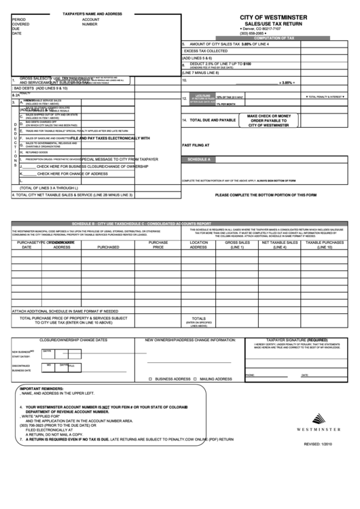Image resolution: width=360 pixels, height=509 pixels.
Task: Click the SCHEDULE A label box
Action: (x=200, y=159)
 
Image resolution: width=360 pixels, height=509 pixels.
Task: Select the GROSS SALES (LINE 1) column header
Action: (x=237, y=245)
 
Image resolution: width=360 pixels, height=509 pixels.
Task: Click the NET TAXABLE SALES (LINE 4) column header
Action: (x=279, y=245)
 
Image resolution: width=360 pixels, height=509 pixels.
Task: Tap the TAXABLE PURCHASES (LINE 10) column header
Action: (x=323, y=245)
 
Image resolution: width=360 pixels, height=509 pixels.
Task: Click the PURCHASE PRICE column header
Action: (x=158, y=245)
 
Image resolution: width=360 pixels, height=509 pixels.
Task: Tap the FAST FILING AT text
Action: (x=196, y=145)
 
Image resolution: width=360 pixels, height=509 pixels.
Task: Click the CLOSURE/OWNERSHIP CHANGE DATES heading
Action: (x=73, y=338)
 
